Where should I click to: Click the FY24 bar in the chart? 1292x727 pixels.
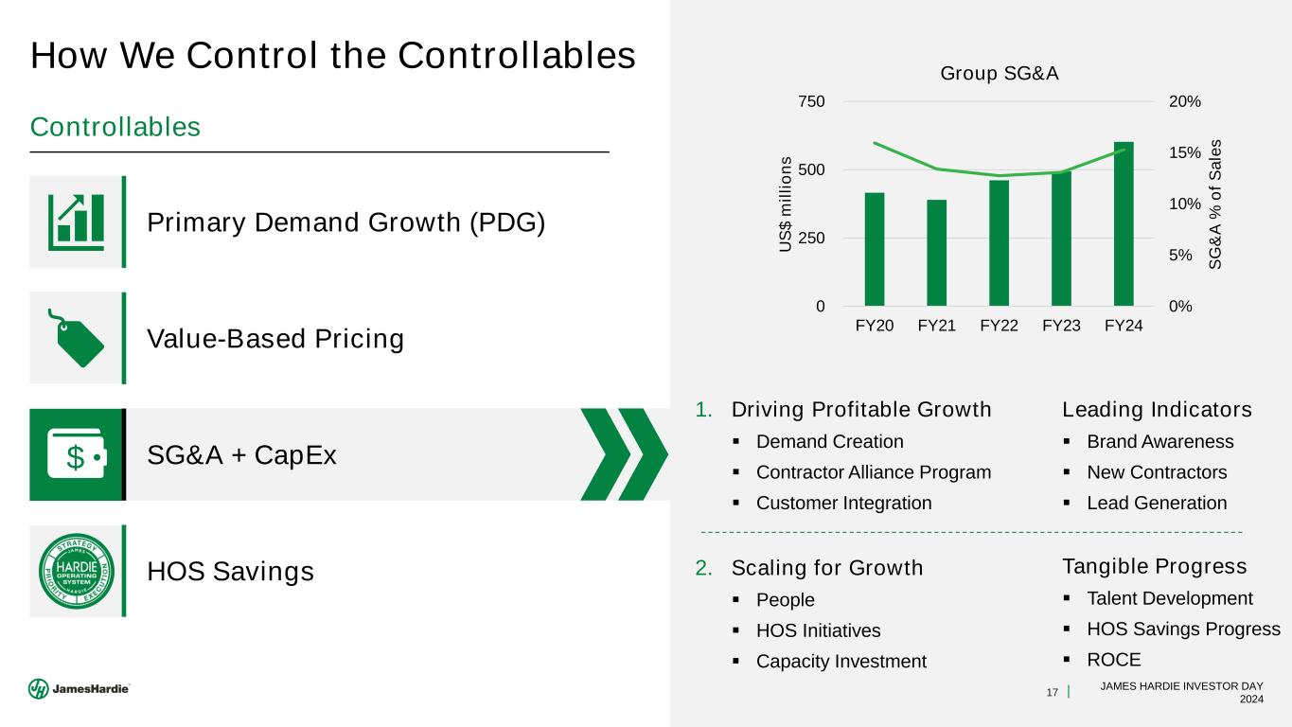(1124, 224)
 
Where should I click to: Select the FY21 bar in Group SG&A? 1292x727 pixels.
(936, 253)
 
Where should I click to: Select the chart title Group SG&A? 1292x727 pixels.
(999, 73)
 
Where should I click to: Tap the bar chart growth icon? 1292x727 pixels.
(76, 222)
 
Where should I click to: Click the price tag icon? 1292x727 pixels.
(76, 337)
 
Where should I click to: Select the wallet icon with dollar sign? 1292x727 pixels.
(76, 455)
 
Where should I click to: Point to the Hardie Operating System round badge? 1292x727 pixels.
(76, 572)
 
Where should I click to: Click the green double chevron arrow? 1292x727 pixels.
(624, 454)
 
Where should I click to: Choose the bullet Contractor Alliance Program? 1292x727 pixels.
(874, 472)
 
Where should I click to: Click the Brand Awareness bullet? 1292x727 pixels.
(1159, 442)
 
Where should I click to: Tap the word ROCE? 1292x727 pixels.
(1113, 660)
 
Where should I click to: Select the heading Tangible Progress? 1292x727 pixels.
(1155, 567)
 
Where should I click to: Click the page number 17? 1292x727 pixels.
(1052, 694)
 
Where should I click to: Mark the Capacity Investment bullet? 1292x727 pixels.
(841, 662)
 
